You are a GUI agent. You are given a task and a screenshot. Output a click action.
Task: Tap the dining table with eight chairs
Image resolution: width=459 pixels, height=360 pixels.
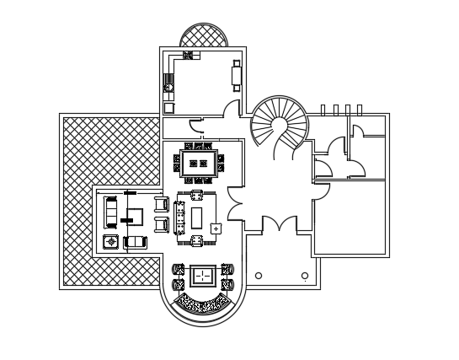(x=199, y=163)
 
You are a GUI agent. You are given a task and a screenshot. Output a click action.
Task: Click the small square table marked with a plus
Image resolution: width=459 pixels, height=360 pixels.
(x=216, y=228)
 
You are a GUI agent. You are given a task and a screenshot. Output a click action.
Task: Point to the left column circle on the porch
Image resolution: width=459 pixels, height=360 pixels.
(x=259, y=275)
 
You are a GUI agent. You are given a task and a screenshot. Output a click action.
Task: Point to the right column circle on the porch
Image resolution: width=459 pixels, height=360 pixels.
(x=304, y=275)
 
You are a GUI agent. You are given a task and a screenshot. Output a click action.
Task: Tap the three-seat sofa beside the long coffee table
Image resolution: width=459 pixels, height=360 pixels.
(x=181, y=218)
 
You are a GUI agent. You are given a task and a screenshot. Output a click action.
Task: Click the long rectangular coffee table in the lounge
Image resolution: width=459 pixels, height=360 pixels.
(x=197, y=217)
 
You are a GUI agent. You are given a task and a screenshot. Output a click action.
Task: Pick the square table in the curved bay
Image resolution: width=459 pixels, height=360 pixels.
(x=202, y=277)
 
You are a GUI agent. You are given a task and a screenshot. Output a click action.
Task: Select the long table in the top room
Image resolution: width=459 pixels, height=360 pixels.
(x=237, y=75)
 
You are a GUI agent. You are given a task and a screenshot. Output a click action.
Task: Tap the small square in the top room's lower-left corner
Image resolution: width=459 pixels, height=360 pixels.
(x=168, y=107)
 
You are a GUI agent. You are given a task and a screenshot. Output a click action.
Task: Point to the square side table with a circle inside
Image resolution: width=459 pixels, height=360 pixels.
(x=109, y=242)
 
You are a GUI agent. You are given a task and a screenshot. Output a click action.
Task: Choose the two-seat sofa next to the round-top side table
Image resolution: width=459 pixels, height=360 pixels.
(x=136, y=243)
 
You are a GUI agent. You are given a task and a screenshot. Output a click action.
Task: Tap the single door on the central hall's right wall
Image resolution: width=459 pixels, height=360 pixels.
(x=321, y=191)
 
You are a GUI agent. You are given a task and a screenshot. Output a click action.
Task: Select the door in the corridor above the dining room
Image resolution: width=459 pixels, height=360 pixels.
(x=195, y=127)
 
